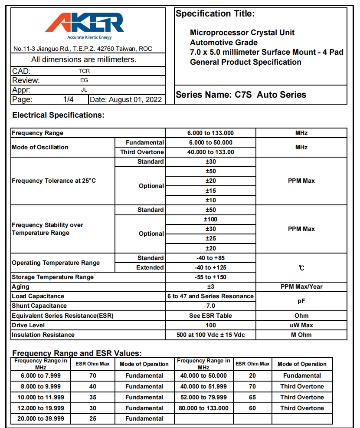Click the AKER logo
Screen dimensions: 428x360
click(85, 23)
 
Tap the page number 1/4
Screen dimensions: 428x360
click(69, 100)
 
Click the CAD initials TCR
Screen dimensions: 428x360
click(84, 71)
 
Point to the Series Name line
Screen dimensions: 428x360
click(241, 95)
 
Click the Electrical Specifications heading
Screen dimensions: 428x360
click(58, 115)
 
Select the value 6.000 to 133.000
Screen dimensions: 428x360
click(211, 133)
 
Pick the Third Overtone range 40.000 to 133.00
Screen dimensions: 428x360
click(211, 152)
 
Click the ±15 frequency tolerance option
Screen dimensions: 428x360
click(211, 191)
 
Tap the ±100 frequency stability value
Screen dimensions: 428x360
click(211, 220)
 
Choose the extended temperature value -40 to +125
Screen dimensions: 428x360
click(211, 268)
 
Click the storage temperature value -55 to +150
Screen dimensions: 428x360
click(211, 277)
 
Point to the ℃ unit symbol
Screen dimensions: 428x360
click(301, 268)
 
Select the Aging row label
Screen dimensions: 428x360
click(21, 287)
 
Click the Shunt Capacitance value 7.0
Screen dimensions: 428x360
click(211, 306)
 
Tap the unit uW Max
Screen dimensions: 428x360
click(301, 325)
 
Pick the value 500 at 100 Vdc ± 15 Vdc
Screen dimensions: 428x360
click(211, 335)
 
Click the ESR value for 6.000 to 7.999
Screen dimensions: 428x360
click(92, 376)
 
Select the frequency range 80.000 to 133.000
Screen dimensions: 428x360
click(203, 408)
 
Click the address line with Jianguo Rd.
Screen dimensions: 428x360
click(83, 49)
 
